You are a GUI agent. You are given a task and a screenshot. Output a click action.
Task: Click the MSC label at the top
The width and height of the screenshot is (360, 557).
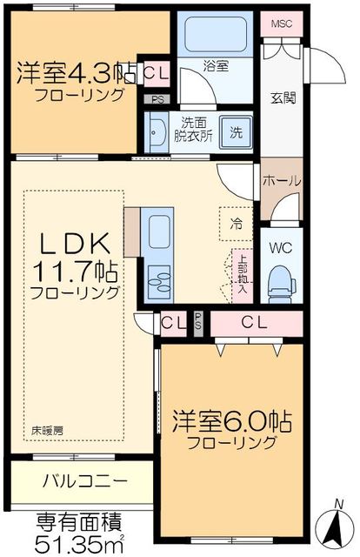[283, 23]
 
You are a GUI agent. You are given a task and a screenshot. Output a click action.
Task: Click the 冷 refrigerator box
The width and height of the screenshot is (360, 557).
[236, 224]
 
